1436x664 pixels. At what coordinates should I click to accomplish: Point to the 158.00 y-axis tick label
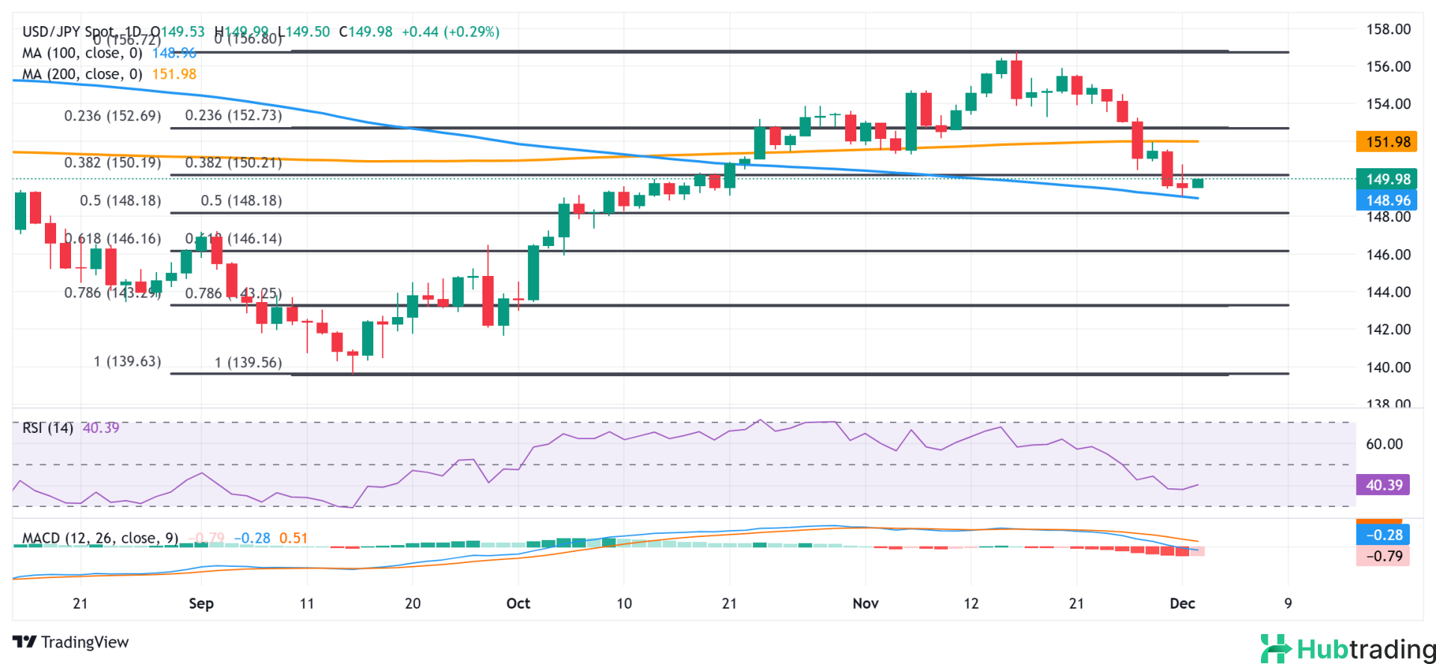(x=1388, y=30)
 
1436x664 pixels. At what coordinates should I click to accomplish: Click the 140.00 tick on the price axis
(x=1388, y=367)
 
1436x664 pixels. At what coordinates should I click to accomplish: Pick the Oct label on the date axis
(x=518, y=603)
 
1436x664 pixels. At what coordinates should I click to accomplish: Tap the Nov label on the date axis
(x=865, y=603)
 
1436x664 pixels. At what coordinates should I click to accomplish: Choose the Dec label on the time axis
(x=1182, y=603)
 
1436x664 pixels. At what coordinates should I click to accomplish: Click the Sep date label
(x=201, y=603)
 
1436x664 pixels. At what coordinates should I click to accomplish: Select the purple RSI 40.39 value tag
(x=1383, y=485)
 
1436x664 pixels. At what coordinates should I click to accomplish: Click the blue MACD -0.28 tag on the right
(x=1383, y=535)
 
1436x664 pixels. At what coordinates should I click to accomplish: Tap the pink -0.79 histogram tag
(x=1383, y=556)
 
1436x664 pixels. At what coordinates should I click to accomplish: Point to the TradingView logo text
(x=72, y=642)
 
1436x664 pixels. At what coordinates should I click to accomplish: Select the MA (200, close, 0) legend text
(x=82, y=74)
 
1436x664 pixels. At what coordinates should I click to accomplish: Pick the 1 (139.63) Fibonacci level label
(x=127, y=361)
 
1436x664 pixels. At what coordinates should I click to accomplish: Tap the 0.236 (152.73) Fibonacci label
(x=233, y=115)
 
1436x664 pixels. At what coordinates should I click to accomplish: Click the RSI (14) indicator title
(x=48, y=428)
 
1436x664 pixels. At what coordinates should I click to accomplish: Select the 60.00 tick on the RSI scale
(x=1384, y=444)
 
